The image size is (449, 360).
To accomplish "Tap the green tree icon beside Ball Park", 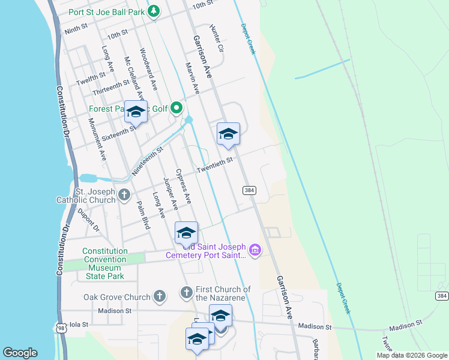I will coord(154,11).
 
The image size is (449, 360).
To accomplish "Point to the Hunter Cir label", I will coord(217,37).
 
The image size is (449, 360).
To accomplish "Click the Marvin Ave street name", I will coord(193,78).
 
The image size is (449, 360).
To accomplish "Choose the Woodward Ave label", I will coord(148,69).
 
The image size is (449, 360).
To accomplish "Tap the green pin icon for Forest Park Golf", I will coord(176,108).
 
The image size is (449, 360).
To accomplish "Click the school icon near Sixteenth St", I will coord(136,112).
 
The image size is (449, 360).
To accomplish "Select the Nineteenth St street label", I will coord(147,161).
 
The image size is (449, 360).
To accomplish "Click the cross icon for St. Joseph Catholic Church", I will coord(124,194).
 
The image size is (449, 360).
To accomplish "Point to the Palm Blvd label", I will coord(143,215).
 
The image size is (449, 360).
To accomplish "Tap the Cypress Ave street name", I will coord(183,186).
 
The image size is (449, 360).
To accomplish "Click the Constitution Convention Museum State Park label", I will coord(106,263).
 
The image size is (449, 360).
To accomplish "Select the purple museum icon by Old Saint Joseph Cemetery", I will coord(255,250).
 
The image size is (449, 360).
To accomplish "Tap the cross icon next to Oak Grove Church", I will coord(159,296).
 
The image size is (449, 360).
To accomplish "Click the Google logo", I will coord(20,353).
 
